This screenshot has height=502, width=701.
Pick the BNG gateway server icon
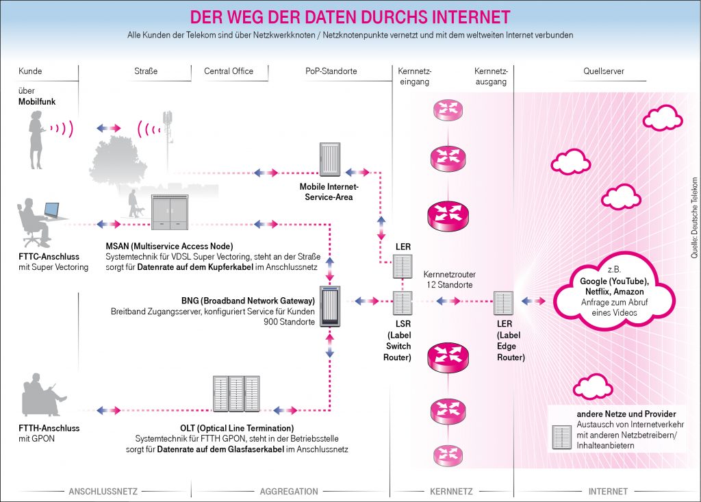pyautogui.click(x=329, y=302)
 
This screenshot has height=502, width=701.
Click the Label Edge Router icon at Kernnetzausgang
pyautogui.click(x=503, y=301)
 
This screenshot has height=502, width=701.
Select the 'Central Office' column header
pyautogui.click(x=229, y=71)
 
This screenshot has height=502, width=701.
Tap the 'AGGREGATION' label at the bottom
pyautogui.click(x=289, y=491)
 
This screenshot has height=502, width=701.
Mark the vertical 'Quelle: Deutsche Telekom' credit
pyautogui.click(x=693, y=216)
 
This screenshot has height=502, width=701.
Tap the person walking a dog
pyautogui.click(x=133, y=203)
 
